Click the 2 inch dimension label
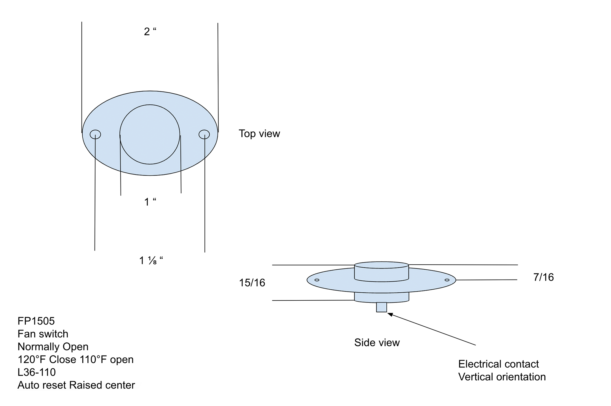click(x=150, y=31)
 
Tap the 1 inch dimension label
click(x=150, y=202)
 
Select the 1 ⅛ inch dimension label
click(x=151, y=260)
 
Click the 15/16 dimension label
click(x=252, y=282)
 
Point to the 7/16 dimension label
click(x=543, y=277)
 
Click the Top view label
click(x=259, y=133)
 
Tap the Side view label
click(x=377, y=342)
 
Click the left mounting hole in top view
click(x=95, y=134)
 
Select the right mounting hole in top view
click(x=204, y=134)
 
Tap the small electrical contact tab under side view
click(x=381, y=307)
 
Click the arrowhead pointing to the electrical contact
click(x=390, y=314)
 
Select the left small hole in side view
click(x=317, y=280)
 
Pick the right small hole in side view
click(x=447, y=280)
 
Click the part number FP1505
click(x=36, y=321)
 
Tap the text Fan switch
click(x=43, y=334)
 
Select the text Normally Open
click(x=53, y=347)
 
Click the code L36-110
click(x=37, y=372)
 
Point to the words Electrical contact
click(x=499, y=364)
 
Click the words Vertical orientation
click(x=502, y=377)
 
